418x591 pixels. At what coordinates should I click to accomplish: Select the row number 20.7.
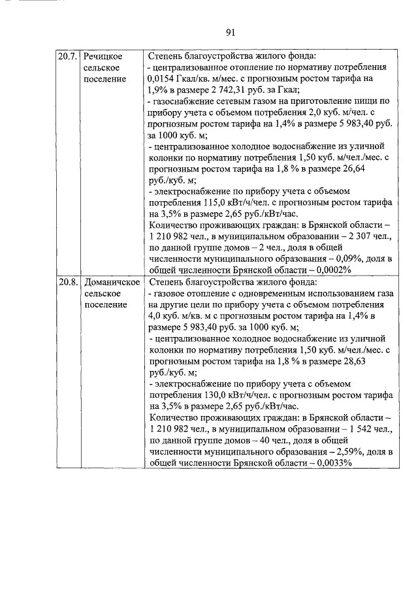click(67, 56)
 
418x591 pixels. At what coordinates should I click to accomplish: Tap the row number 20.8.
click(67, 283)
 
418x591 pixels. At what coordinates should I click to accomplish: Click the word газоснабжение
click(185, 101)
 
